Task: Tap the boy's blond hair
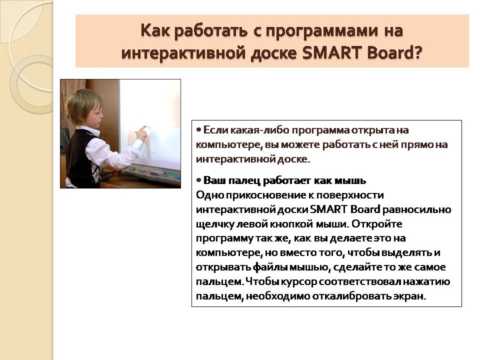[83, 105]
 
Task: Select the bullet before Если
[198, 130]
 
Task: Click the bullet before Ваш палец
[198, 180]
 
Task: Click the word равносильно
[417, 209]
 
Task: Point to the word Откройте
[377, 224]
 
